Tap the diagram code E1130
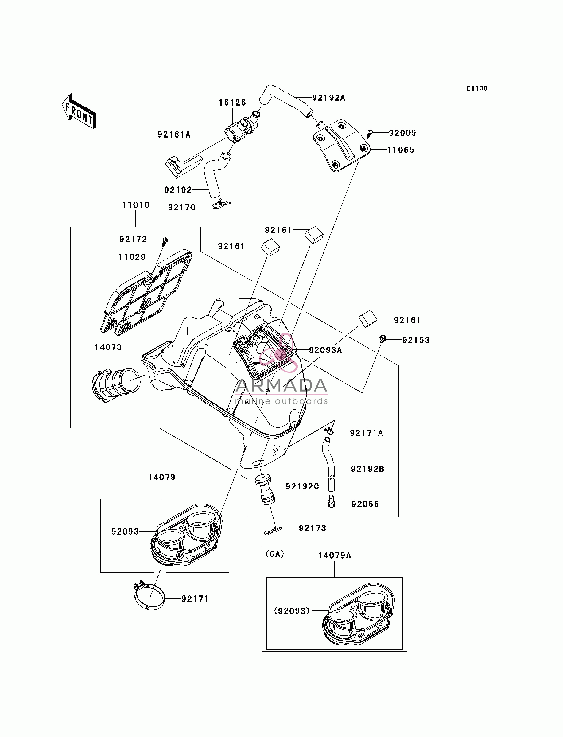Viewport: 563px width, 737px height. [477, 88]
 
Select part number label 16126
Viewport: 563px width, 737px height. [232, 103]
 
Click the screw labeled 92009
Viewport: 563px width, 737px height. [369, 133]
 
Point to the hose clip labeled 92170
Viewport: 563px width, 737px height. [221, 204]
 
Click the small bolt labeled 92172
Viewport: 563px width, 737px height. [165, 242]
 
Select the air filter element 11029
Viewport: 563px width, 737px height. [146, 292]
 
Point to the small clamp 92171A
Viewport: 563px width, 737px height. [329, 431]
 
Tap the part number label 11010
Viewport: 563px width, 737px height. [136, 205]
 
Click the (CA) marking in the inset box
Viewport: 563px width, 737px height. [275, 554]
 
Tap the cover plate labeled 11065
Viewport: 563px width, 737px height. [341, 146]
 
